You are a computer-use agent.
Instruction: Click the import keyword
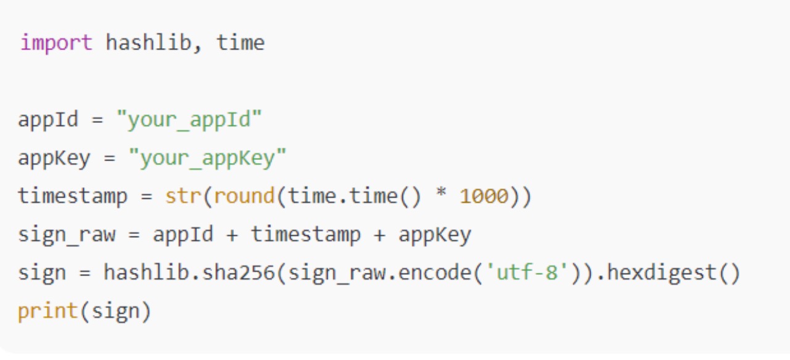click(56, 43)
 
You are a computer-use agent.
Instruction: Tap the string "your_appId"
click(189, 119)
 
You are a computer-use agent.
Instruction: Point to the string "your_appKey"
click(207, 158)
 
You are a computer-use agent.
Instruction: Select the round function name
click(244, 196)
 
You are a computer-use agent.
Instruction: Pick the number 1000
click(484, 196)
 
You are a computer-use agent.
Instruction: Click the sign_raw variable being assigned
click(67, 235)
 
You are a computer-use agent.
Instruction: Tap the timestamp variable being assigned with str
click(73, 196)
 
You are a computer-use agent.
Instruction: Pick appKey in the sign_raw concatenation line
click(434, 235)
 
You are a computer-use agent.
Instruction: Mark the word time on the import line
click(240, 43)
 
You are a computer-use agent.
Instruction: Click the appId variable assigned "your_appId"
click(48, 119)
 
